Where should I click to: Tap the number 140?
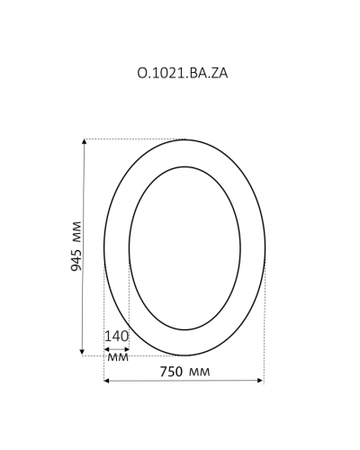[117, 336]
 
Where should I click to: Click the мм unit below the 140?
[117, 357]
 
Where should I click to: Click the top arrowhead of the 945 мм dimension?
[84, 142]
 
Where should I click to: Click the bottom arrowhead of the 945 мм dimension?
[84, 352]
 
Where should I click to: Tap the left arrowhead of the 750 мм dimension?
[107, 381]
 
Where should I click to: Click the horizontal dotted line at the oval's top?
[135, 139]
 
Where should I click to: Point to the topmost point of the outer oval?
[184, 139]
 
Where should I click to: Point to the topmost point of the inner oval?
[184, 166]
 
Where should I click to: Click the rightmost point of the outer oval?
[265, 247]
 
